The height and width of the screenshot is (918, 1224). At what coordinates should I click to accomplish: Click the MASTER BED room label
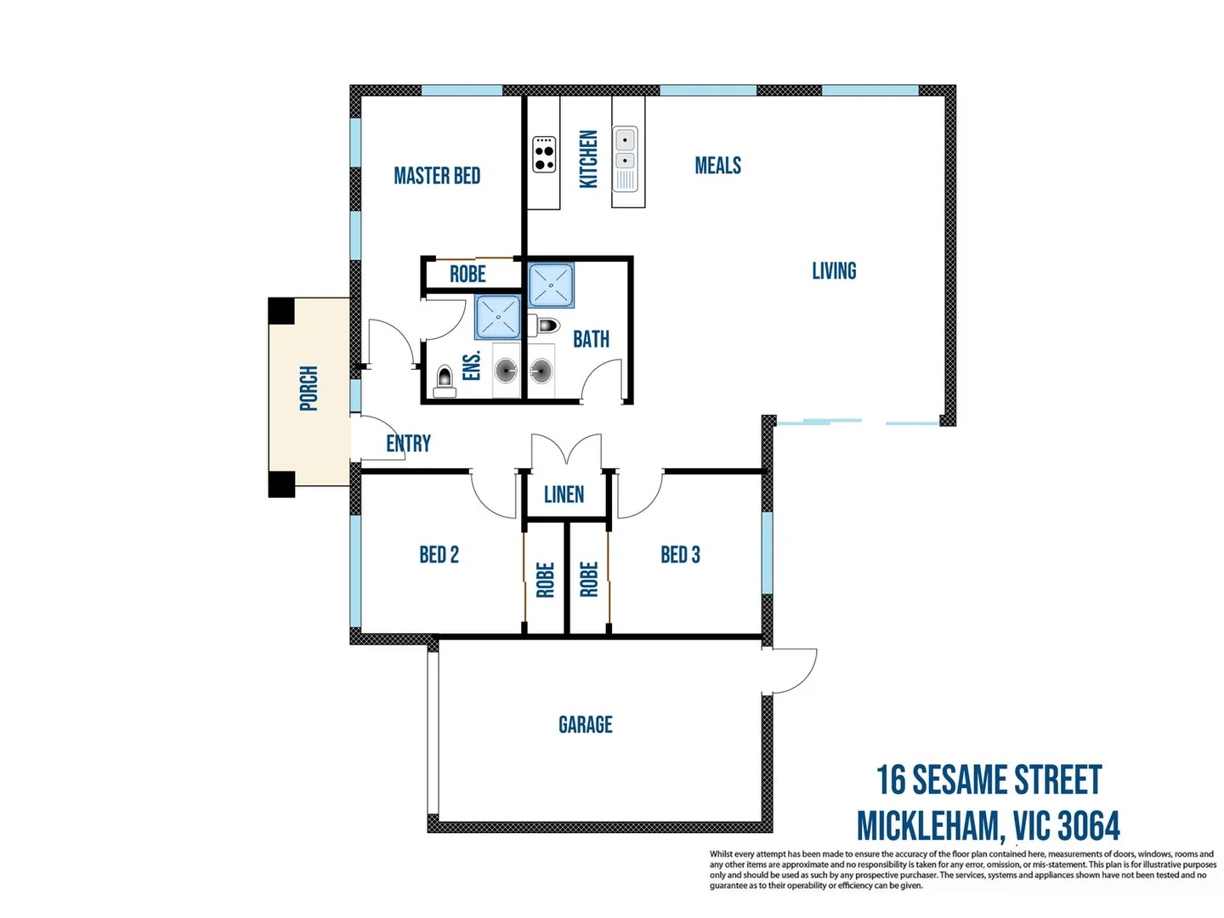click(x=437, y=176)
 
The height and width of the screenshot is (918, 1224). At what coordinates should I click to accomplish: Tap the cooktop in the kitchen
click(x=544, y=154)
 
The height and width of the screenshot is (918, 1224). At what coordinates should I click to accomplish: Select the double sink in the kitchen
click(x=625, y=150)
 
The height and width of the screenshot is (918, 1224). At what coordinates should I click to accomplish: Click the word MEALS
click(x=717, y=166)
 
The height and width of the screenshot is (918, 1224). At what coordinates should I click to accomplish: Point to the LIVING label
click(x=834, y=271)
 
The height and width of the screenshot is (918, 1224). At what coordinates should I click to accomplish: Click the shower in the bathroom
click(x=551, y=285)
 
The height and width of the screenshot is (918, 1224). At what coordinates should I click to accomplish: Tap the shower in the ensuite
click(x=497, y=315)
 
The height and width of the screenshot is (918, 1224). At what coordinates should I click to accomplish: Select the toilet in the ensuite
click(x=444, y=380)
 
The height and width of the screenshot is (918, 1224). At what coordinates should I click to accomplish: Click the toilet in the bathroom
click(x=544, y=326)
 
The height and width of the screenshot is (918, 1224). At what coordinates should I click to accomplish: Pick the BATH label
click(x=591, y=339)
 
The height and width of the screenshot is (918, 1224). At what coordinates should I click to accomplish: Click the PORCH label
click(x=309, y=388)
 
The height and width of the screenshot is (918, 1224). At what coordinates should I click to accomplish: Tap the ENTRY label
click(x=408, y=444)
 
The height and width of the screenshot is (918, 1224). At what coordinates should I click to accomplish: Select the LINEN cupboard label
click(x=564, y=495)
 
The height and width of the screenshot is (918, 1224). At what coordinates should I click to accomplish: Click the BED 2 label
click(x=439, y=555)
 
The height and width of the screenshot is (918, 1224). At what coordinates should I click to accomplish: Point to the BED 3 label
click(x=680, y=555)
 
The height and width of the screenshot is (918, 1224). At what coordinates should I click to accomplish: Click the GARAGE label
click(x=585, y=725)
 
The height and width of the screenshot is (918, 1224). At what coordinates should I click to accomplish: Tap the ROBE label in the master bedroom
click(x=467, y=275)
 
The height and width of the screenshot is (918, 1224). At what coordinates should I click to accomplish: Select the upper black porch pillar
click(x=281, y=311)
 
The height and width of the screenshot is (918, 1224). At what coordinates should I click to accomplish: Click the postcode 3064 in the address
click(x=1089, y=826)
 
